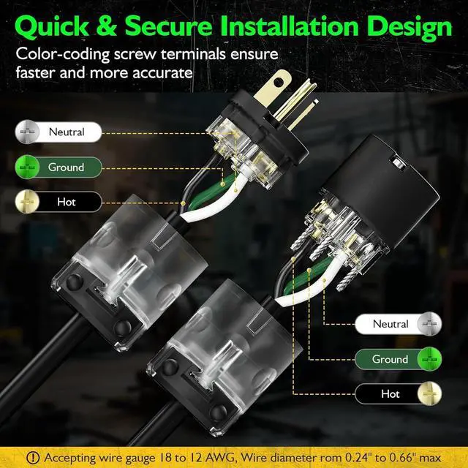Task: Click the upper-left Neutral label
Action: tap(67, 132)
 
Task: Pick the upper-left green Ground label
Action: tap(67, 167)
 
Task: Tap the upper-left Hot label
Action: tap(67, 202)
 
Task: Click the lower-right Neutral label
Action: tap(390, 324)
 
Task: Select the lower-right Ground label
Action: tap(390, 359)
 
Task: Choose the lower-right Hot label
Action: tap(390, 394)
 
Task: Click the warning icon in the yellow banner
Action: tap(34, 457)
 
